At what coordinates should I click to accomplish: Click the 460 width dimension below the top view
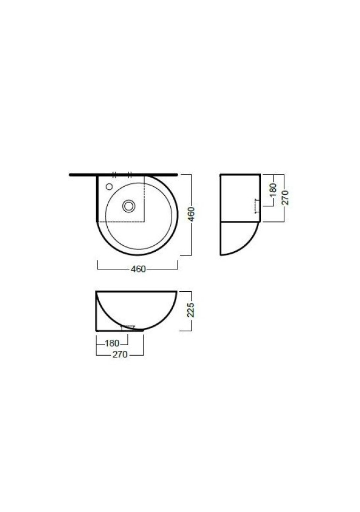tap(138, 269)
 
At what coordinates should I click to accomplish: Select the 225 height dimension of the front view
tap(190, 310)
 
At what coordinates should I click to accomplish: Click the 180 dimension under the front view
tap(112, 343)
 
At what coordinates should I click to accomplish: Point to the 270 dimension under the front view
tap(120, 354)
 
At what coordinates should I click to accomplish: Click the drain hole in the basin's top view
tap(129, 206)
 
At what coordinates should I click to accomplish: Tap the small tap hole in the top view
tap(109, 187)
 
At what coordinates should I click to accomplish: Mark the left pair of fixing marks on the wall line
tap(114, 175)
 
